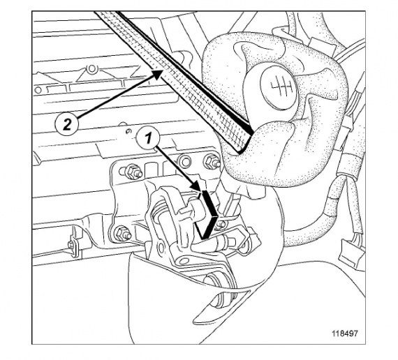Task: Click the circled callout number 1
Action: (148, 139)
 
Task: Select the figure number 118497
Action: (345, 333)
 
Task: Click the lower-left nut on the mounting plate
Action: (122, 234)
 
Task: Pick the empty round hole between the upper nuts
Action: (184, 160)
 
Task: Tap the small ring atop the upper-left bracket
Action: (91, 69)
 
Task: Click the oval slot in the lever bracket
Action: (161, 248)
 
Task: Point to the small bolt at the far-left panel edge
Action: (71, 245)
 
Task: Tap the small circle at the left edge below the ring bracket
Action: (38, 90)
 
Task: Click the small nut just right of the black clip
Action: (221, 224)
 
